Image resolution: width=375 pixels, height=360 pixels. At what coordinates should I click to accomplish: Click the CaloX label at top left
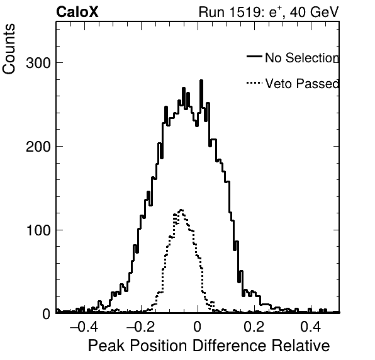coord(77,12)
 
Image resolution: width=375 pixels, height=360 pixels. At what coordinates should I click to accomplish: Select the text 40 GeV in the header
coord(314,12)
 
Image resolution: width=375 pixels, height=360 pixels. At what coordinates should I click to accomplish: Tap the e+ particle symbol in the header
coord(275,12)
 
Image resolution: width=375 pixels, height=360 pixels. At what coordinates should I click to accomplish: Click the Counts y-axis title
coord(9,49)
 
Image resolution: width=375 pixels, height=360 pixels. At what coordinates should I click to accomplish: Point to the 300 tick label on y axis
coord(38,64)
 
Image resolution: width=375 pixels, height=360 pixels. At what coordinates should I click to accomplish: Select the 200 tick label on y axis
coord(38,147)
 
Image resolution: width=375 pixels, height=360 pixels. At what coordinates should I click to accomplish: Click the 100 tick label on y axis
coord(38,230)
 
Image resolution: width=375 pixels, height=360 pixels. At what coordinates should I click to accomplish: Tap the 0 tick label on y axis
coord(47,314)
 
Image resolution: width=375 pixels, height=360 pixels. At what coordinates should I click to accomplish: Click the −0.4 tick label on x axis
coord(84,327)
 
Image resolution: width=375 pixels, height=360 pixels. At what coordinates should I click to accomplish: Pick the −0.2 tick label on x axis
coord(140,327)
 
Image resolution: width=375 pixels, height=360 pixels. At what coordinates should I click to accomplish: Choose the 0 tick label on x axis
coord(198,327)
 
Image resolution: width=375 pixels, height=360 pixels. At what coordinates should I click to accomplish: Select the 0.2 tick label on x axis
coord(254,327)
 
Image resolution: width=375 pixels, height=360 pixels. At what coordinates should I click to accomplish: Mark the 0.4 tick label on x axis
coord(310,327)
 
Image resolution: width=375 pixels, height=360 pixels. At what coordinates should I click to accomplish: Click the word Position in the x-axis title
coord(159,346)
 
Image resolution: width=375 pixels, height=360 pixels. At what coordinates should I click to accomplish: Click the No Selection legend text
coord(302,58)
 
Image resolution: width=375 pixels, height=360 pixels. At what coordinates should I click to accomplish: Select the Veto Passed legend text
coord(302,84)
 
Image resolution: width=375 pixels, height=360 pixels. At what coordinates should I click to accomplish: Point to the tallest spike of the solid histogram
coord(201,81)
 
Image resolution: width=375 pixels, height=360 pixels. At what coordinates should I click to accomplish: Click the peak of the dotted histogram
coord(181,210)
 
